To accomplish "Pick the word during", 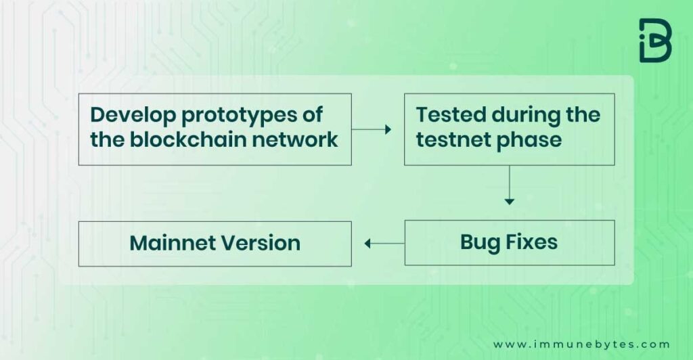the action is [520, 116].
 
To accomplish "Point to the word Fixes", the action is [531, 242].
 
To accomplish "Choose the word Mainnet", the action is [173, 243].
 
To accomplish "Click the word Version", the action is [261, 243].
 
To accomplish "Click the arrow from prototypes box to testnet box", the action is [372, 129].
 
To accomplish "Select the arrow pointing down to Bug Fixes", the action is [510, 185].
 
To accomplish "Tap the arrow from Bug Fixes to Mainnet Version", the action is [384, 244].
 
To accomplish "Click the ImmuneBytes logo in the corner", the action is [655, 40].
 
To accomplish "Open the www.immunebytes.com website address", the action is [581, 344].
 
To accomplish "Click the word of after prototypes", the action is [313, 115].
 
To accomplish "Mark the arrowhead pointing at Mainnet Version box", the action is [367, 244].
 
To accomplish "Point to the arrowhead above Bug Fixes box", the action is [510, 202].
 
